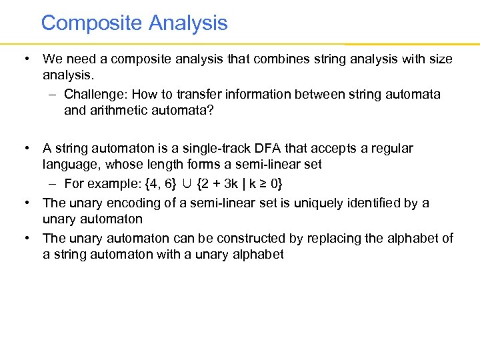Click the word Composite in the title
(x=92, y=23)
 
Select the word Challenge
(x=93, y=94)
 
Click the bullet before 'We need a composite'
(x=25, y=59)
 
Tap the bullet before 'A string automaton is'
(x=25, y=148)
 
